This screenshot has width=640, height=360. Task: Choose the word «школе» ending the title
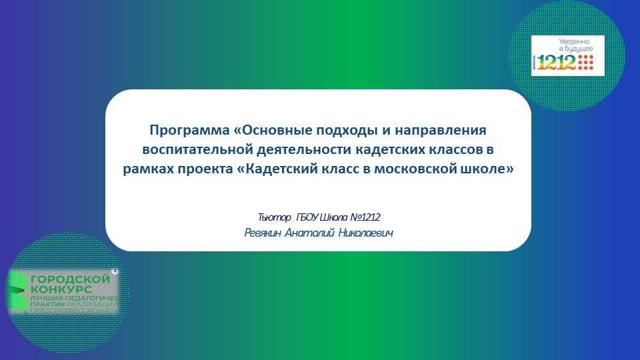492,169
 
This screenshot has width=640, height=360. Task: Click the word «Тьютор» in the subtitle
274,218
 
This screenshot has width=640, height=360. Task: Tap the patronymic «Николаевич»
365,233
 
